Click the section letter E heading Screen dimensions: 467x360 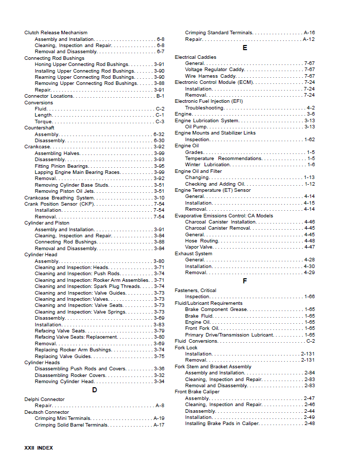coord(244,48)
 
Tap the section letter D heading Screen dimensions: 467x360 coord(94,390)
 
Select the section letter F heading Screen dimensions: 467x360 coord(244,281)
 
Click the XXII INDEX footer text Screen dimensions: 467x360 coord(38,448)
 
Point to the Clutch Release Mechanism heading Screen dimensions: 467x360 coord(56,33)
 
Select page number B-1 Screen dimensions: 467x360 coord(160,96)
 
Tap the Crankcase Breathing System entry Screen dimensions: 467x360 coord(59,198)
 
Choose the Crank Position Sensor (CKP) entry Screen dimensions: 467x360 coord(59,204)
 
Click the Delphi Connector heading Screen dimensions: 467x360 coord(44,399)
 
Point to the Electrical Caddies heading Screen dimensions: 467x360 coord(195,57)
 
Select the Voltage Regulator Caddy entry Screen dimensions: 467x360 coord(215,70)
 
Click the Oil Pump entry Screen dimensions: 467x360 coord(196,127)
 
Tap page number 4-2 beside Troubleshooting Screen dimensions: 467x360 coord(310,108)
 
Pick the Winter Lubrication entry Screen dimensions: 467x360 coord(207,165)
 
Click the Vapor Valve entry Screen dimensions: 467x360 coord(199,247)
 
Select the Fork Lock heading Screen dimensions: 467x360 coord(186,348)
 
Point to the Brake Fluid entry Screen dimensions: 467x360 coord(199,316)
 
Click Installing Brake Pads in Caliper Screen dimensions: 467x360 coord(222,424)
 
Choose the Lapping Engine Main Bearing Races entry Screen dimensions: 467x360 coord(77,172)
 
